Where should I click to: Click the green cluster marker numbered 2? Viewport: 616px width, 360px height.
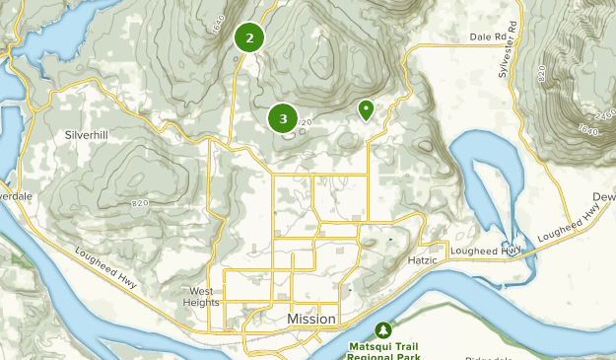coord(249,37)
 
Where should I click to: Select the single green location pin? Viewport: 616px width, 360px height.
coord(366,109)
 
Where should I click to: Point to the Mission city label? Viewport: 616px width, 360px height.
coord(311,320)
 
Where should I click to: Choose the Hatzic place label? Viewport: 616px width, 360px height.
coord(425,260)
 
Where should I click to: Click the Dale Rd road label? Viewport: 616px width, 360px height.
coord(487,37)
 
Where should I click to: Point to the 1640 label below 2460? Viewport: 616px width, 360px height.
coord(588,129)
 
